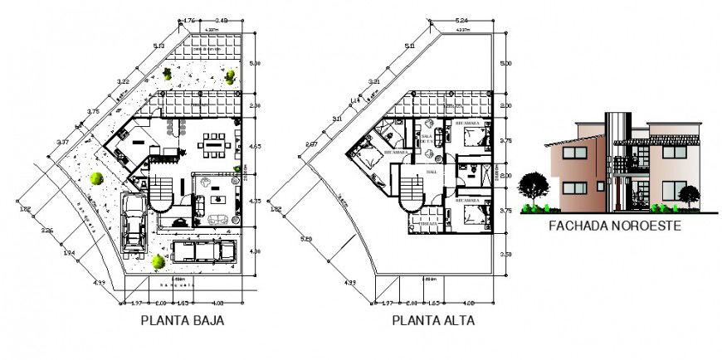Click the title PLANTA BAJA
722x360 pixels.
(181, 319)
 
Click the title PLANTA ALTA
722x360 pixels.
(433, 319)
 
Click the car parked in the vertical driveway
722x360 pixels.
(134, 222)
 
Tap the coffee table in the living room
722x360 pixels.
(217, 198)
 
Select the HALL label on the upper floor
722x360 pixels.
(431, 172)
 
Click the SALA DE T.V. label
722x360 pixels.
(428, 139)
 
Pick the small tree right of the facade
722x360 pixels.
(688, 195)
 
